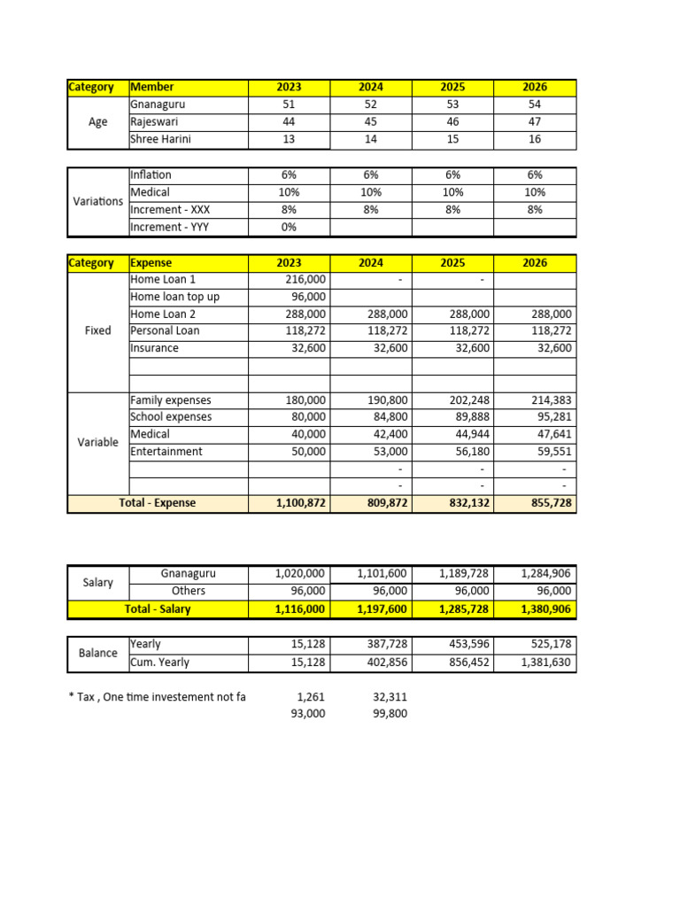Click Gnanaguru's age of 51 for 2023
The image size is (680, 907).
click(289, 105)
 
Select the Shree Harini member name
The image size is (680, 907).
click(160, 139)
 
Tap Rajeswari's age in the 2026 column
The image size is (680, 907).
click(535, 121)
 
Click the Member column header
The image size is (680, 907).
click(152, 87)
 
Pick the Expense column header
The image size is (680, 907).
click(151, 263)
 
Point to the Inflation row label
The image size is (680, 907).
click(151, 175)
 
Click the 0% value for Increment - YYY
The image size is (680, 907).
click(289, 227)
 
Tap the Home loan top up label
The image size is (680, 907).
click(174, 297)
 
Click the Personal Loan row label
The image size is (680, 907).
click(165, 330)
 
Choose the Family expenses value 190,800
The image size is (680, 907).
click(386, 400)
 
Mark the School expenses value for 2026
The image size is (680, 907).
click(552, 417)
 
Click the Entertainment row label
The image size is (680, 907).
click(166, 452)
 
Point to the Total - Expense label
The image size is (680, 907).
click(158, 503)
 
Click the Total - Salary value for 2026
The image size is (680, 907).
click(545, 609)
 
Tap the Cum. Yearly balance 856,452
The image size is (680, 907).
click(467, 662)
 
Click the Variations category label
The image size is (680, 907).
click(98, 201)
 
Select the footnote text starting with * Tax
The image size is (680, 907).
click(157, 697)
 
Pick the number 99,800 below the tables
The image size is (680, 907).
click(386, 713)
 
